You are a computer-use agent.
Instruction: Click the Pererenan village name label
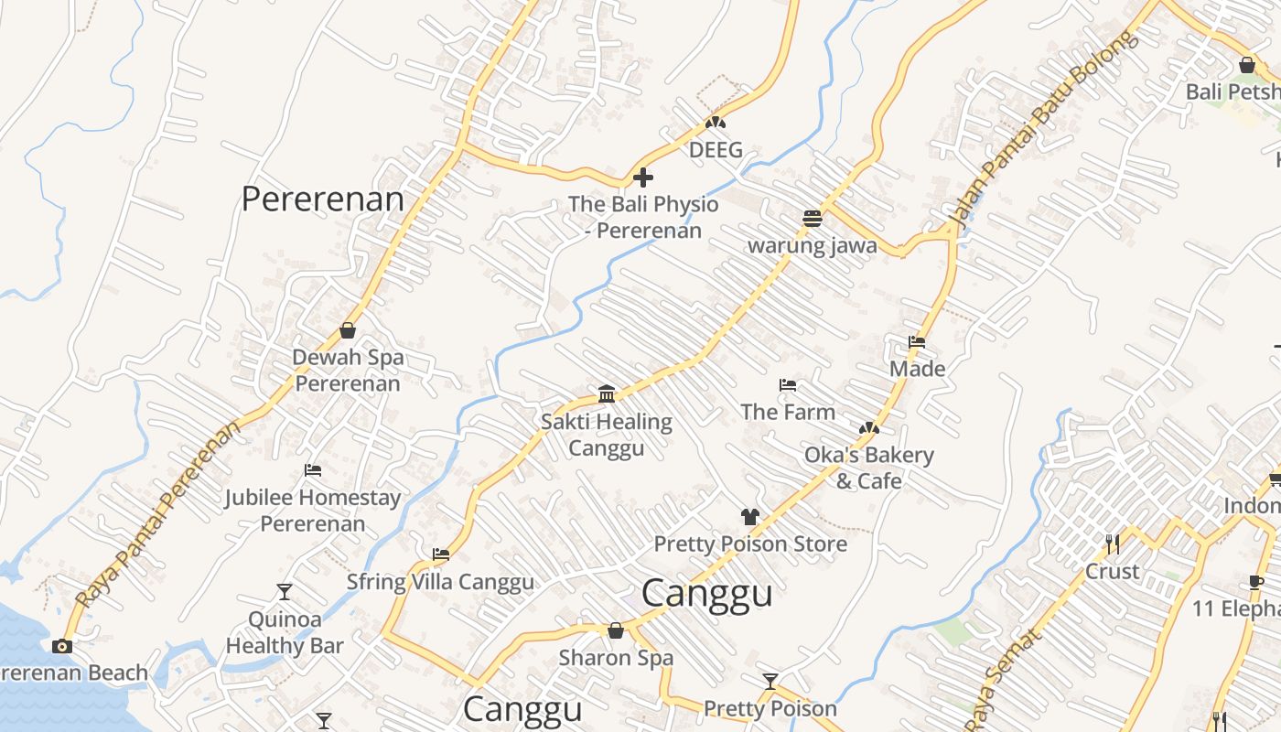click(322, 199)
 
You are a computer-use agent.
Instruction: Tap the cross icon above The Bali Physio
click(643, 177)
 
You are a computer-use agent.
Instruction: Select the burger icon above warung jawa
click(812, 218)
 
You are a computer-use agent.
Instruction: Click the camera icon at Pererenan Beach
click(61, 646)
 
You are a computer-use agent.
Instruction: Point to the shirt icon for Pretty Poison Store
click(750, 516)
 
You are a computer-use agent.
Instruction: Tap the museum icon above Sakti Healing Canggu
click(606, 394)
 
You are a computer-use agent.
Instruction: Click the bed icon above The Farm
click(788, 385)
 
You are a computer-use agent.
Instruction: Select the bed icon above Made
click(917, 342)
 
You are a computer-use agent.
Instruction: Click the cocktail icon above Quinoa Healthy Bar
click(285, 592)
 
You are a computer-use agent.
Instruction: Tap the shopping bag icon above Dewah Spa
click(348, 330)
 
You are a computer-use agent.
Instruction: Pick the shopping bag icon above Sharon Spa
click(616, 630)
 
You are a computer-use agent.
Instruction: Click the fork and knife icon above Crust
click(1113, 544)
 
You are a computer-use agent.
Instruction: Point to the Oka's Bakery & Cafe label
click(868, 468)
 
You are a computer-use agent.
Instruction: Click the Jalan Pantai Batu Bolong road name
click(1043, 130)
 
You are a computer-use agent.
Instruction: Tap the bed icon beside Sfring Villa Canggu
click(441, 554)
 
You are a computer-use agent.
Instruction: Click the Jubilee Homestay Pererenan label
click(313, 511)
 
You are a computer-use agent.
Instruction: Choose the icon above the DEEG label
click(716, 122)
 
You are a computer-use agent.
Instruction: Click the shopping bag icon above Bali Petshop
click(1246, 65)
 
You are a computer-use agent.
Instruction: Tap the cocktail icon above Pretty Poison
click(770, 682)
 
